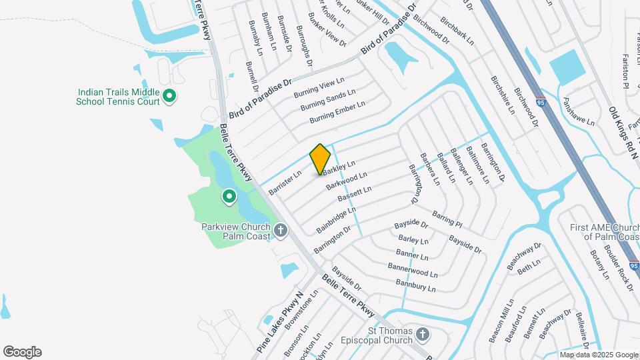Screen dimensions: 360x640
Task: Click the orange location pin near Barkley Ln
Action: [320, 159]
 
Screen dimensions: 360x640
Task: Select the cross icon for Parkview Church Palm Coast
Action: [281, 231]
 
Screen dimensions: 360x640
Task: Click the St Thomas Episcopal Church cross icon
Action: [422, 333]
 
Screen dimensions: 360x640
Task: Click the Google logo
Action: [22, 352]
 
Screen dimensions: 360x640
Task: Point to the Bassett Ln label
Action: [354, 195]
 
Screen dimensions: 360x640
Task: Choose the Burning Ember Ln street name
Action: [337, 112]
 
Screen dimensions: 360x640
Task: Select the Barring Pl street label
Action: [447, 217]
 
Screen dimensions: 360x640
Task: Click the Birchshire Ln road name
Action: [503, 94]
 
